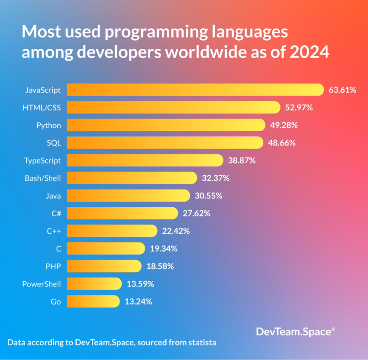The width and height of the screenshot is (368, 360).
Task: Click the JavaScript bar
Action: click(195, 90)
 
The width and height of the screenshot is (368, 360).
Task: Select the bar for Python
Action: click(166, 125)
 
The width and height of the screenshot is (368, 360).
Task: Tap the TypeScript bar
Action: click(145, 160)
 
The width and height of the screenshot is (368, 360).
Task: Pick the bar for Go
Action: click(93, 302)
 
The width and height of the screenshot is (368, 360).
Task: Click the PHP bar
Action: click(104, 266)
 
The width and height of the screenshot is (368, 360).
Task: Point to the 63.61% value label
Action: click(342, 90)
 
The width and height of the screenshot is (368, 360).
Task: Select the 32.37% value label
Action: click(216, 178)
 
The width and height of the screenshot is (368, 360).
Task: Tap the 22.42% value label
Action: click(176, 231)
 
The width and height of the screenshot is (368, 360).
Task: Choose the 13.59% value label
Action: click(140, 284)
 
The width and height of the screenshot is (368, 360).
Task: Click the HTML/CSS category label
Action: click(42, 107)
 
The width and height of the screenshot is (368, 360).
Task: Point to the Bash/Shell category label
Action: click(42, 178)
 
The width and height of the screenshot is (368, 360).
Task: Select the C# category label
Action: click(55, 213)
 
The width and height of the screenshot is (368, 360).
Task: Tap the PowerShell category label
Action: click(42, 284)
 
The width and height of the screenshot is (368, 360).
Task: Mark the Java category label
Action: click(53, 196)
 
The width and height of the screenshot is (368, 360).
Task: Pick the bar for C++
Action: click(112, 231)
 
